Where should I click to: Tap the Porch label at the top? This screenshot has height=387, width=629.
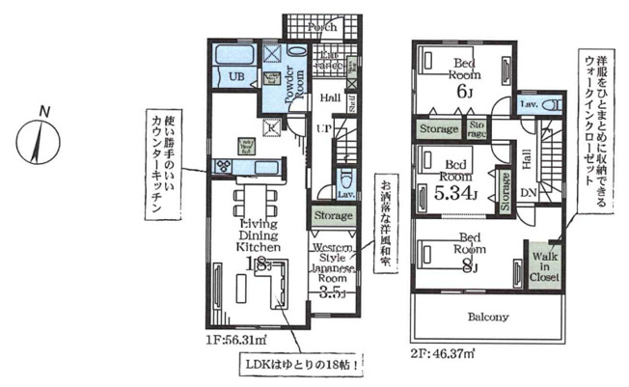coord(321,27)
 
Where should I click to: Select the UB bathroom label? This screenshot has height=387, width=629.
coord(235,75)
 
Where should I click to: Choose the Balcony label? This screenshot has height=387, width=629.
coord(489,316)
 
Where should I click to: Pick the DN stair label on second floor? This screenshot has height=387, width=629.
coord(529,193)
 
